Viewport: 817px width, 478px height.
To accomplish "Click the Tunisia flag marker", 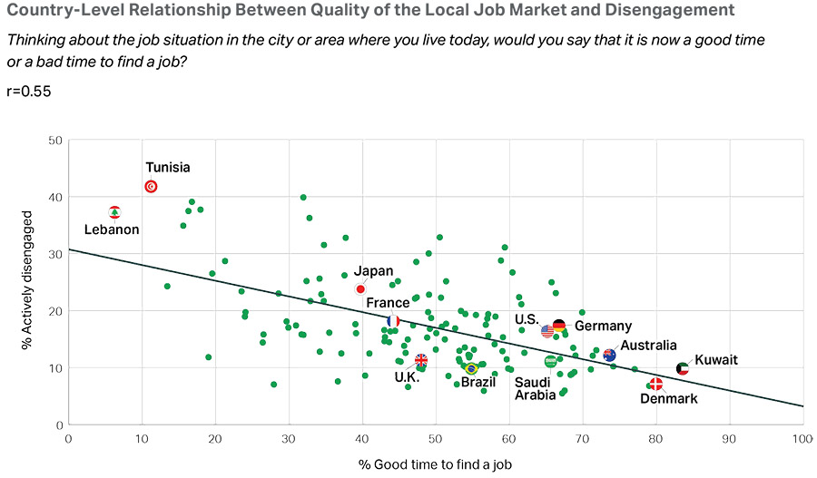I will pyautogui.click(x=152, y=187).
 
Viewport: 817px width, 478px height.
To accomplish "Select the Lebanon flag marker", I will pyautogui.click(x=115, y=212).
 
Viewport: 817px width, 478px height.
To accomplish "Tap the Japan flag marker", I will pyautogui.click(x=360, y=288).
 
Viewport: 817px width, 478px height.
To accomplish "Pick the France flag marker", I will pyautogui.click(x=393, y=320).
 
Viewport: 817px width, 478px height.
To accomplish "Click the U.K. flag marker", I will pyautogui.click(x=421, y=360).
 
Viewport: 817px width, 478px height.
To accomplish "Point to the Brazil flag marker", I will pyautogui.click(x=471, y=368).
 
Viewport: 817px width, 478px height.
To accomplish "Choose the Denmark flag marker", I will pyautogui.click(x=655, y=385).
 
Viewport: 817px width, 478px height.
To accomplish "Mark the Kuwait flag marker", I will pyautogui.click(x=683, y=368).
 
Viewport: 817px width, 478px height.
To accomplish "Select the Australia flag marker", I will pyautogui.click(x=609, y=356).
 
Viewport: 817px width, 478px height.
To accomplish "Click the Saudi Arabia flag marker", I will pyautogui.click(x=550, y=361).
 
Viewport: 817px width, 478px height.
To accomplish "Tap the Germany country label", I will pyautogui.click(x=603, y=327).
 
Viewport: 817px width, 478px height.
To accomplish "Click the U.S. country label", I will pyautogui.click(x=527, y=318).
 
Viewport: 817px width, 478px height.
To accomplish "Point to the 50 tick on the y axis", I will pyautogui.click(x=55, y=141).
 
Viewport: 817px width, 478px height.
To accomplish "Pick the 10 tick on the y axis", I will pyautogui.click(x=55, y=367).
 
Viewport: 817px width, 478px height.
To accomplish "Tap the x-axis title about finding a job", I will pyautogui.click(x=435, y=464).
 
